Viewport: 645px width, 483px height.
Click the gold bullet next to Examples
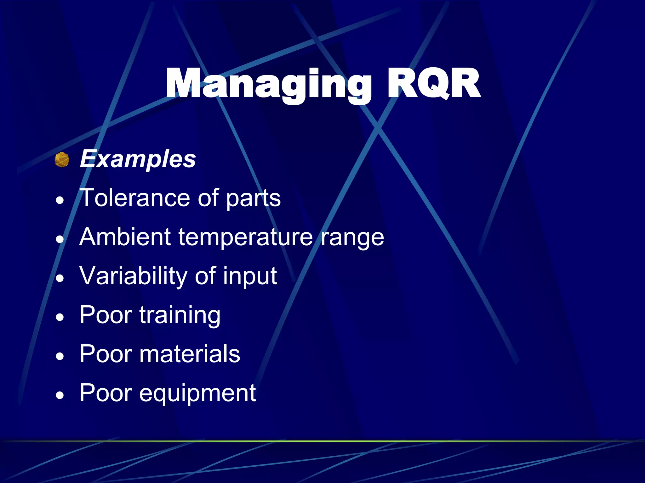62,160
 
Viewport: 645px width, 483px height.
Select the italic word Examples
138,159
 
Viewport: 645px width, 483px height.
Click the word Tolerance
136,198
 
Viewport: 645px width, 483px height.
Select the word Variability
134,276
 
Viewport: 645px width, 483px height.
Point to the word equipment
197,393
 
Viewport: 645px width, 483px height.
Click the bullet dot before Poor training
60,317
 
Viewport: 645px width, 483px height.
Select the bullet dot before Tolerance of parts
60,200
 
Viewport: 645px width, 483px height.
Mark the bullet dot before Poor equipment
60,395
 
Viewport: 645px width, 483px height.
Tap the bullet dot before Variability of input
60,278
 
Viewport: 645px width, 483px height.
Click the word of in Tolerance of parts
208,198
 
